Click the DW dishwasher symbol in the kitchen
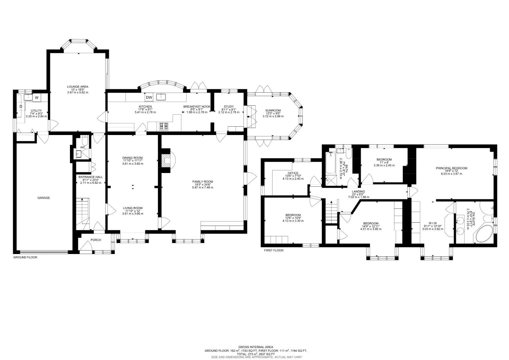149,97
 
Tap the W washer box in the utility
37,98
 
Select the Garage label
43,198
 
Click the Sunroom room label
273,110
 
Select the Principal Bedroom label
451,168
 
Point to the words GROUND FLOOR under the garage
25,257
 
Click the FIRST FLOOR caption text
273,250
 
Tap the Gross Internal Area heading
255,347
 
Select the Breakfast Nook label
197,106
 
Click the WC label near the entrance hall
83,147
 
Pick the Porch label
96,240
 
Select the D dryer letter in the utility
21,106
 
